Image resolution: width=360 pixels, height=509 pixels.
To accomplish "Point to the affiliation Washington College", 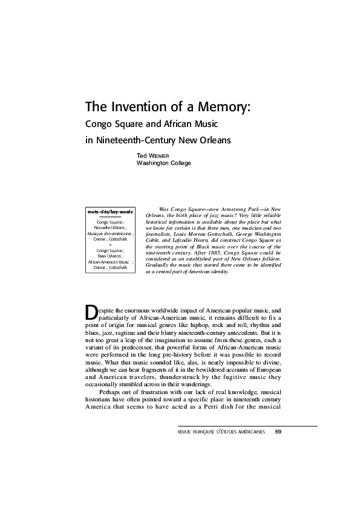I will pos(163,163).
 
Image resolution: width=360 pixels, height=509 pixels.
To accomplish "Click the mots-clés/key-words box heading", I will pos(110,212).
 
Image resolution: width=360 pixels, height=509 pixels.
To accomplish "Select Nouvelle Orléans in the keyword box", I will pos(110,227).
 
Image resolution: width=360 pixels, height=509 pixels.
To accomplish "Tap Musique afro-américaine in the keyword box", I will pos(110,233).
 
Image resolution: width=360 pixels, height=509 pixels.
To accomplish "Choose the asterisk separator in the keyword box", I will pos(110,244).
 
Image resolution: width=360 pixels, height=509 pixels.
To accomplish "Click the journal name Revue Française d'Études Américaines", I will pos(221,432).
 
